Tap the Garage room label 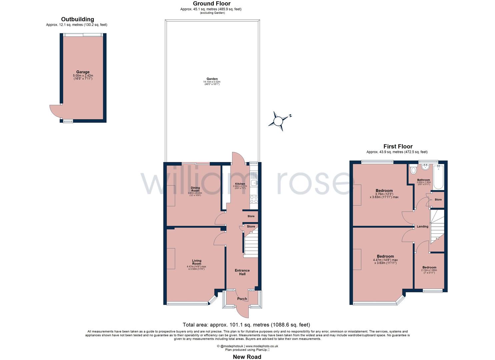pyautogui.click(x=83, y=72)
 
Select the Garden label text pyautogui.click(x=212, y=79)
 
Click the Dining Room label pyautogui.click(x=195, y=189)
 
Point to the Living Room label pyautogui.click(x=196, y=262)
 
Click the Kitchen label pyautogui.click(x=240, y=184)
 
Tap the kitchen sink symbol pyautogui.click(x=254, y=182)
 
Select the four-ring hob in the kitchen pyautogui.click(x=254, y=199)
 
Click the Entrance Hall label pyautogui.click(x=242, y=272)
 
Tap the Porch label pyautogui.click(x=242, y=299)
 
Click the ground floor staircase pyautogui.click(x=251, y=245)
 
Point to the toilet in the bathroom pyautogui.click(x=414, y=170)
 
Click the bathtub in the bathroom pyautogui.click(x=438, y=176)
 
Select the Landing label pyautogui.click(x=422, y=227)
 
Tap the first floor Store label pyautogui.click(x=438, y=200)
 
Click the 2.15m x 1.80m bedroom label pyautogui.click(x=429, y=267)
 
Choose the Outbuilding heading pyautogui.click(x=77, y=19)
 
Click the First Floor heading pyautogui.click(x=398, y=146)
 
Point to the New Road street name pyautogui.click(x=247, y=357)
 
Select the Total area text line pyautogui.click(x=246, y=325)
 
